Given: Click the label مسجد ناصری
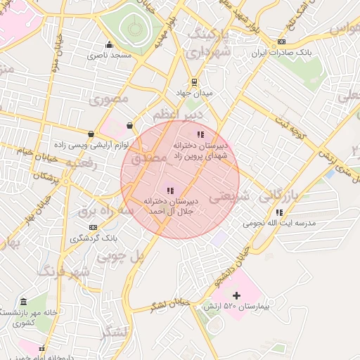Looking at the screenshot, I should pyautogui.click(x=108, y=54).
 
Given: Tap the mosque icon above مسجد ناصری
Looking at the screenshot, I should pyautogui.click(x=108, y=44).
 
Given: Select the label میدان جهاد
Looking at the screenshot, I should pyautogui.click(x=193, y=92).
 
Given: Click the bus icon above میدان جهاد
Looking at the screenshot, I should pyautogui.click(x=194, y=82).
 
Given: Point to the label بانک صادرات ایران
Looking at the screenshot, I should pyautogui.click(x=281, y=53).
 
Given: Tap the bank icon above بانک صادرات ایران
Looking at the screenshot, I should pyautogui.click(x=282, y=41).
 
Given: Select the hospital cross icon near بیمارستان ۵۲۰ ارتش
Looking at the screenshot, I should pyautogui.click(x=236, y=296).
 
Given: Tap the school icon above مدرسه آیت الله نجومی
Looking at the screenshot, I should pyautogui.click(x=280, y=212).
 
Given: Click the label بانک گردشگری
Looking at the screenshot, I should pyautogui.click(x=94, y=238).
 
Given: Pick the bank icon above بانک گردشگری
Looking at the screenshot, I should pyautogui.click(x=94, y=228).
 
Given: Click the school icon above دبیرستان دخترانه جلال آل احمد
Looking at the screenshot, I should pyautogui.click(x=169, y=191).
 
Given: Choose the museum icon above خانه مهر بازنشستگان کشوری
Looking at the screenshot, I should pyautogui.click(x=24, y=302).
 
